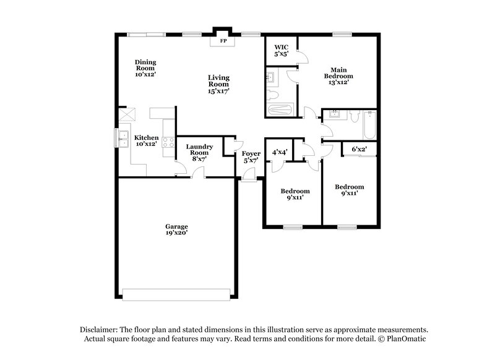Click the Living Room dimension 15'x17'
tap(219, 91)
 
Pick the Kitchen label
tap(147, 137)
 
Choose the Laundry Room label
tap(199, 150)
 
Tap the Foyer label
tap(251, 153)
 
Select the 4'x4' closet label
tap(280, 152)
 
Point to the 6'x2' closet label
tap(359, 149)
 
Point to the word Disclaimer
tap(98, 330)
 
